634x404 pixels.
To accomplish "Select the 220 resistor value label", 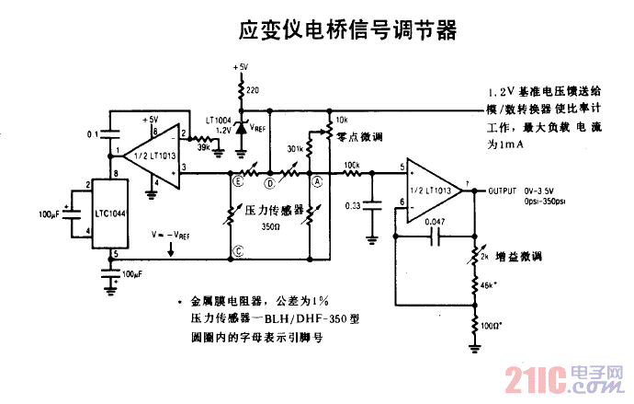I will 253,89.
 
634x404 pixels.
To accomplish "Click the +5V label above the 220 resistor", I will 241,67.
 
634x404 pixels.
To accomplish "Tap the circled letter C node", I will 239,250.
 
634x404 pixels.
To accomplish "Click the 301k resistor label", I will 296,148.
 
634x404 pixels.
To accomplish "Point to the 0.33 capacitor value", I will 351,205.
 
